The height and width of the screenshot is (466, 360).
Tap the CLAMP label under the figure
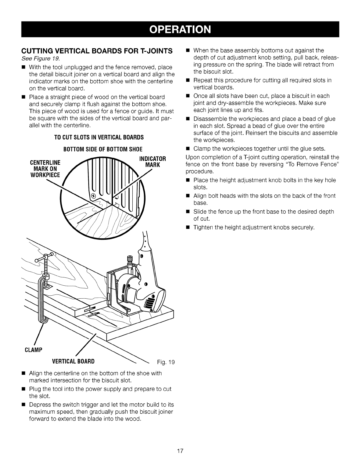[32, 349]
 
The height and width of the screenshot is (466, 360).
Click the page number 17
[180, 451]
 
